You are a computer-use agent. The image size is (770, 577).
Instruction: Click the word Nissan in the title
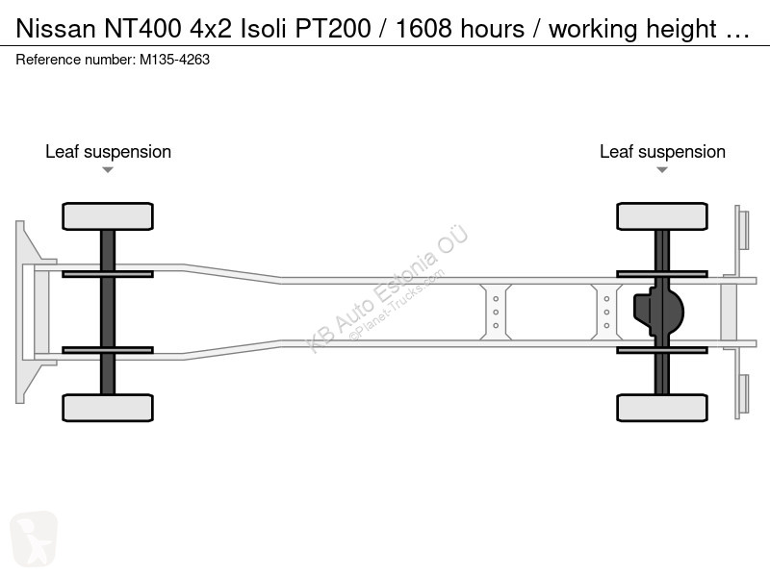56,29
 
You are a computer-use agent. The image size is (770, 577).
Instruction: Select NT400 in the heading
142,29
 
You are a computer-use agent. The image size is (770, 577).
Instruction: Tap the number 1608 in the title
423,29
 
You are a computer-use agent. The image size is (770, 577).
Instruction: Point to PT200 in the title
332,29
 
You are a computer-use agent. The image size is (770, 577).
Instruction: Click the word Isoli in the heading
263,29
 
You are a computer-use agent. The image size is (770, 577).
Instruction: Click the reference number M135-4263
175,60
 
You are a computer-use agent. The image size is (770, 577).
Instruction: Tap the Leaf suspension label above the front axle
108,152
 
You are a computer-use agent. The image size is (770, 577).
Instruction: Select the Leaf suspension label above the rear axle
662,152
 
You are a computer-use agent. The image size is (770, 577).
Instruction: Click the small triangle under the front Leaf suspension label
108,170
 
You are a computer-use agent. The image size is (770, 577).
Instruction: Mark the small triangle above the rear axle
662,170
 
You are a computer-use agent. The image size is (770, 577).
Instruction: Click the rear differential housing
658,312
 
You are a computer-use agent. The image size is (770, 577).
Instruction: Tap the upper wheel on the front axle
108,216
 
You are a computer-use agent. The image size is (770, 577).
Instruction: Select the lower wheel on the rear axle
662,408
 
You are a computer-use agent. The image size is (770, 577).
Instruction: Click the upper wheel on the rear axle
662,216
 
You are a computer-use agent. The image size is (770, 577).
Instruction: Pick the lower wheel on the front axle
108,408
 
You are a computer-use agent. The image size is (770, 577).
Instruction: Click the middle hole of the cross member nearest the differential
607,312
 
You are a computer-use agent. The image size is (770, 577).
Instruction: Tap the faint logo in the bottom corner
34,539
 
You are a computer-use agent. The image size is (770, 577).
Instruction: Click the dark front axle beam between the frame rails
108,312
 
